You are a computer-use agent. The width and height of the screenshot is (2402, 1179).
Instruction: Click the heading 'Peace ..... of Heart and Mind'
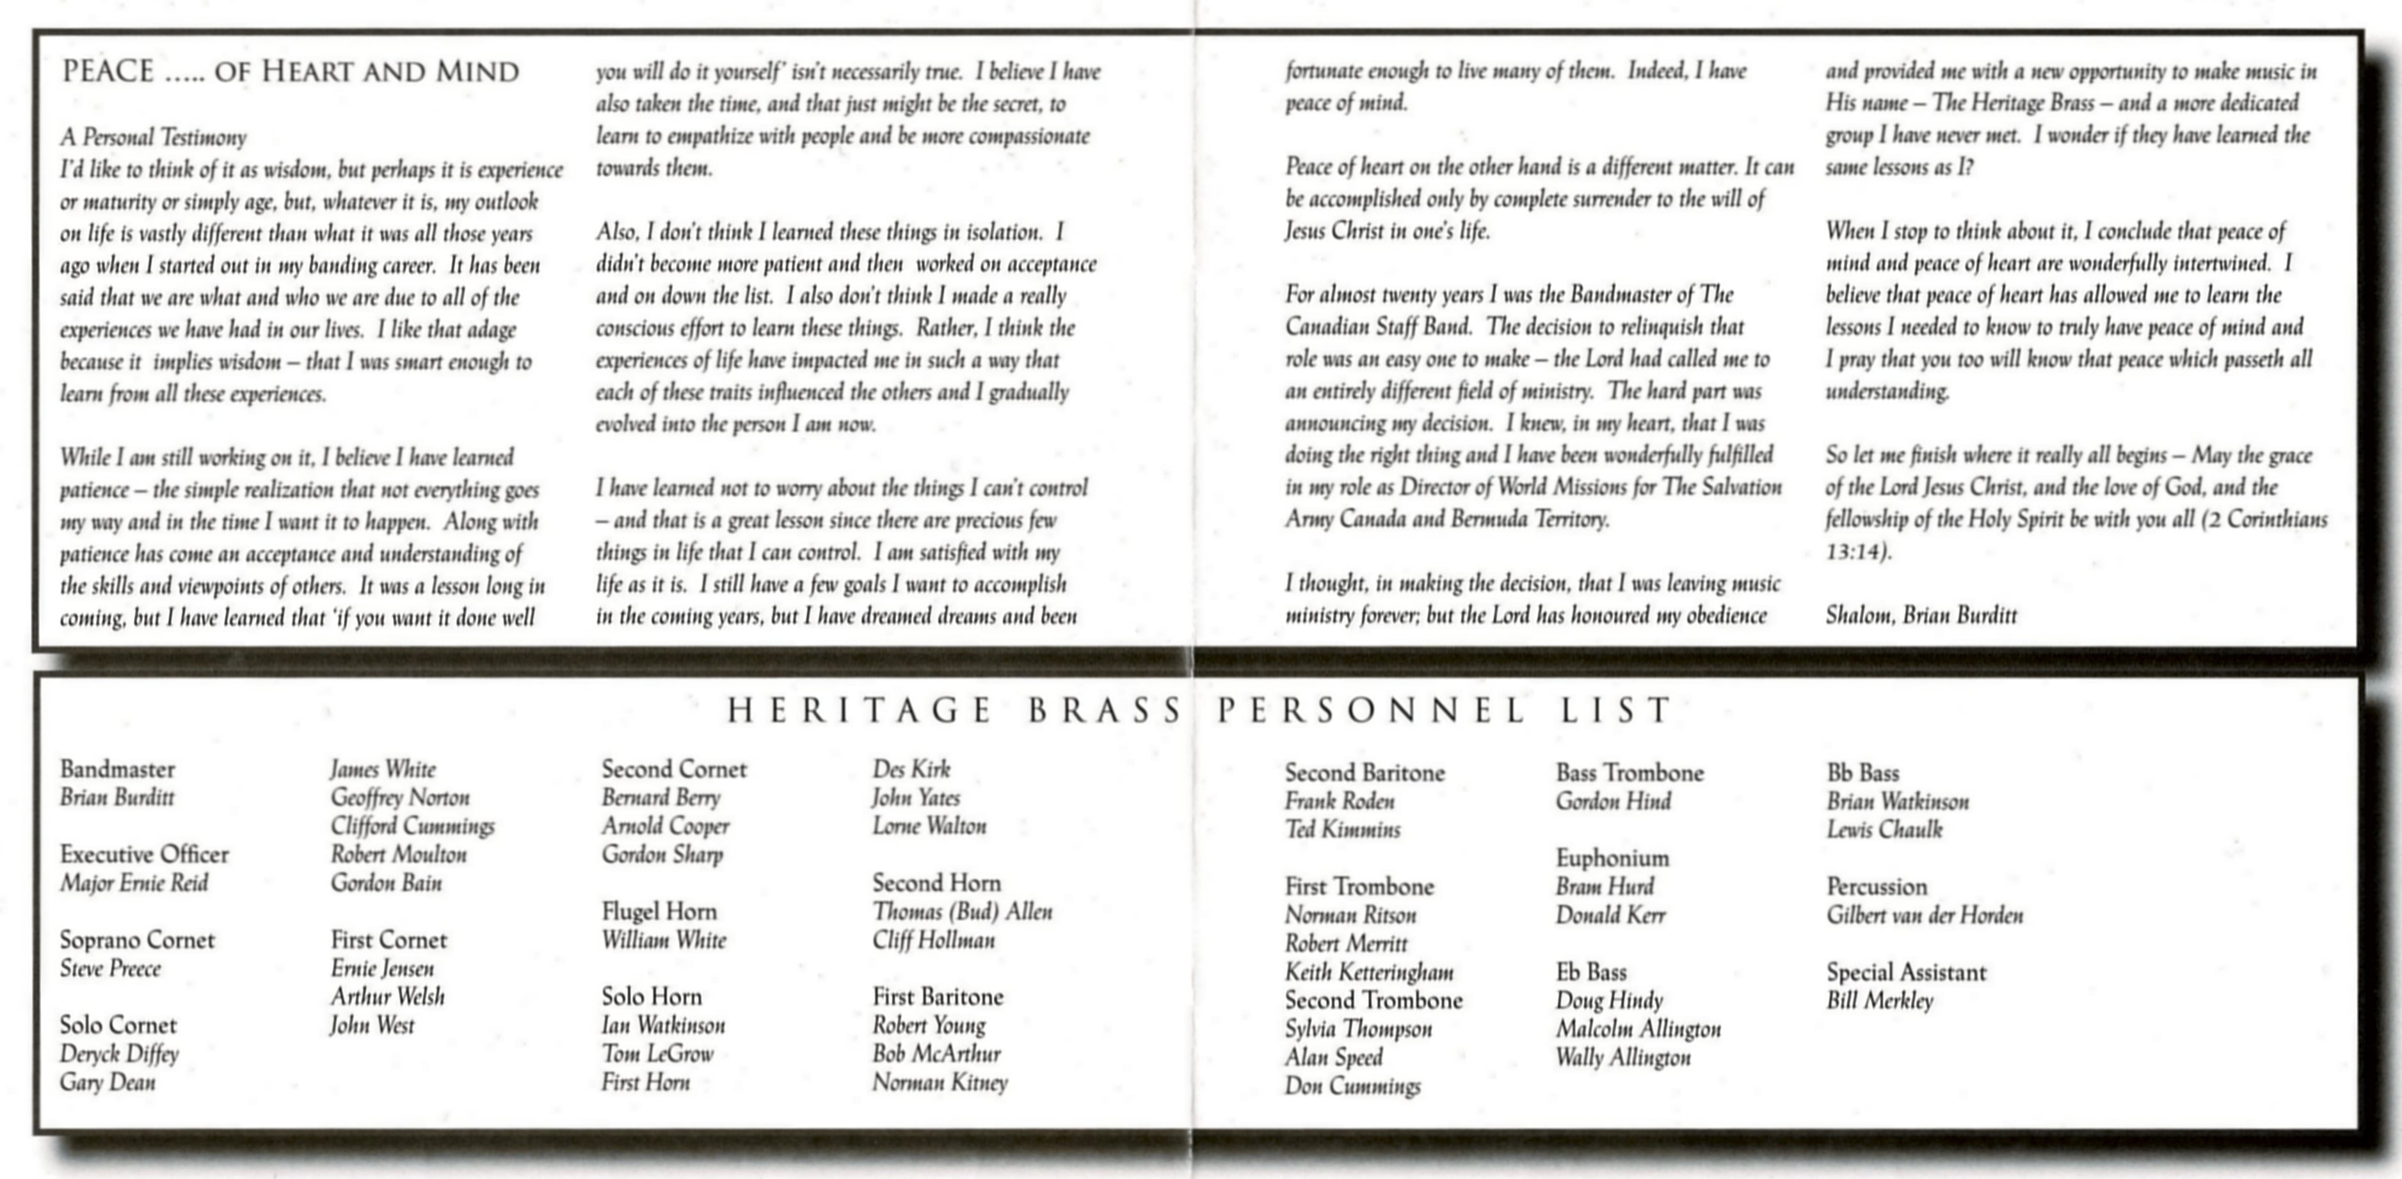[x=290, y=72]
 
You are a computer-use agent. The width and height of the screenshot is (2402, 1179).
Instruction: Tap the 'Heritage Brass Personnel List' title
[x=1200, y=710]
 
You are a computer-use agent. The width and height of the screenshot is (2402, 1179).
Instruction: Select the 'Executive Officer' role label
[x=145, y=854]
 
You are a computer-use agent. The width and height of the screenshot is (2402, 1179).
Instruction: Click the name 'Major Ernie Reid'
[x=134, y=883]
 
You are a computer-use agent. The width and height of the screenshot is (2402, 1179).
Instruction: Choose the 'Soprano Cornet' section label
[x=137, y=940]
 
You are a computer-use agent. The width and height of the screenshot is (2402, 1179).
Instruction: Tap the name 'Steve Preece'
[x=110, y=969]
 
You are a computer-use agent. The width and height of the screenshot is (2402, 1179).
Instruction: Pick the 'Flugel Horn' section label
[x=659, y=911]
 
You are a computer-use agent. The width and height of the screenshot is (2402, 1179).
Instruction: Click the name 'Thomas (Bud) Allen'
[x=963, y=911]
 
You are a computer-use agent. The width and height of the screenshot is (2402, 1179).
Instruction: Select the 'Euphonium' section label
[x=1612, y=858]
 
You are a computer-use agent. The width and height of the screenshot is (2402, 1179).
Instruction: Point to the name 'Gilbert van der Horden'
[x=1925, y=915]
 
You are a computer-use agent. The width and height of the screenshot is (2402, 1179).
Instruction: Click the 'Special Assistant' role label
[x=1906, y=973]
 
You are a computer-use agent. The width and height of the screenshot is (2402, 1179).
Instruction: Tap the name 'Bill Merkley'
[x=1880, y=1001]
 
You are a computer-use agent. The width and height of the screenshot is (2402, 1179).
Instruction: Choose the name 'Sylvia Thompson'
[x=1357, y=1029]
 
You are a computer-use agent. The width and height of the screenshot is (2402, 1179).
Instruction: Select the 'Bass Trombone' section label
[x=1629, y=773]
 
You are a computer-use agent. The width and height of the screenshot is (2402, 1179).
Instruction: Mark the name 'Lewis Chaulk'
[x=1884, y=830]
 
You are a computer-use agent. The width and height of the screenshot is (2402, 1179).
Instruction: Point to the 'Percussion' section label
[x=1876, y=887]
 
